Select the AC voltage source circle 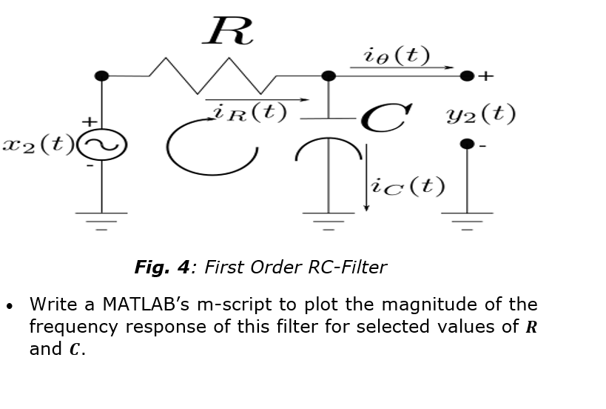click(102, 145)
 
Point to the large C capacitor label click(386, 118)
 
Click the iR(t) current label click(249, 112)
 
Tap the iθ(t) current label click(397, 56)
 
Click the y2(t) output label click(481, 114)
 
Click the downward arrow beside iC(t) click(366, 178)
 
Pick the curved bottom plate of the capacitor click(328, 147)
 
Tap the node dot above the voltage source click(102, 76)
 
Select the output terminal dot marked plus click(466, 76)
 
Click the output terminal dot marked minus click(466, 144)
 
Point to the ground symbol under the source click(102, 220)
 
